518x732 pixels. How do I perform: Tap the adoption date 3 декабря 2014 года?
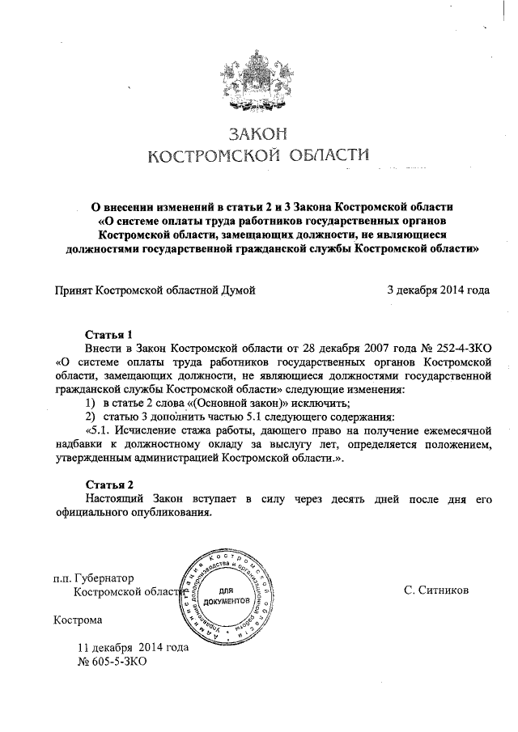pos(438,289)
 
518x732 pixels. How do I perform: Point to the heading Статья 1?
pos(108,334)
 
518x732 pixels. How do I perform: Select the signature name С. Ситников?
pos(435,591)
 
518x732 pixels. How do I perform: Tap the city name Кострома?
pos(78,620)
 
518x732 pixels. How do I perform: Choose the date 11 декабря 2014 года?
pos(133,647)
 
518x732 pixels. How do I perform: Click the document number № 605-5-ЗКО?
pos(112,661)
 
